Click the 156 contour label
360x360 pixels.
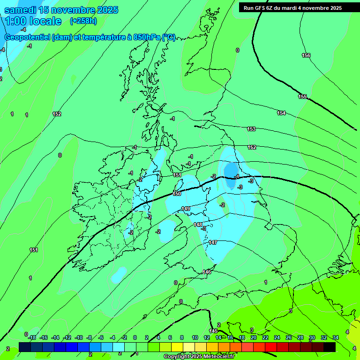tap(306, 55)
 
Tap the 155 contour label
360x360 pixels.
tap(302, 97)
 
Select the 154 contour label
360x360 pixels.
tap(281, 113)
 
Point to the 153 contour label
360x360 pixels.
tap(251, 129)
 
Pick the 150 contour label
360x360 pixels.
tap(177, 194)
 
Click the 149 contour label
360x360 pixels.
tap(186, 209)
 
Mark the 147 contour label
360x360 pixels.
tap(213, 242)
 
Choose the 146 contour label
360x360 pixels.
tap(207, 272)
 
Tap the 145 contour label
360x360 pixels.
tap(213, 331)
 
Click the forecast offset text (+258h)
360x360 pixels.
tap(83, 21)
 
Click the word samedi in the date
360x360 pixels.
tap(21, 10)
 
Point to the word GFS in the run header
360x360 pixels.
tap(261, 8)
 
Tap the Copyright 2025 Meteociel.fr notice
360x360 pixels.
tap(199, 357)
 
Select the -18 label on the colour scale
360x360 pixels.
tap(32, 337)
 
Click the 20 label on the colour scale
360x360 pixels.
tap(254, 337)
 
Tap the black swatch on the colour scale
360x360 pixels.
tap(330, 346)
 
